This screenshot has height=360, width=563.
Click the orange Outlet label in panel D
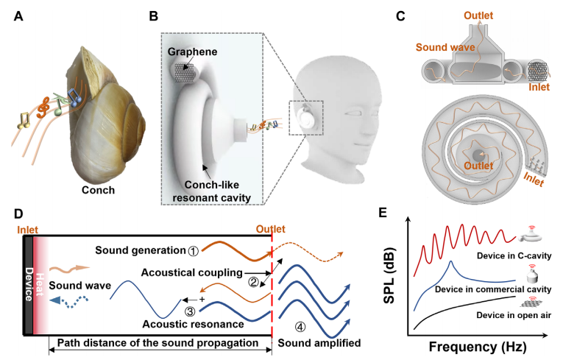(x=272, y=228)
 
